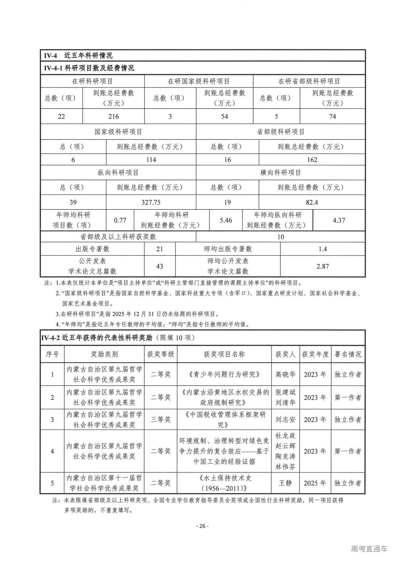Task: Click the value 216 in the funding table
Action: click(113, 116)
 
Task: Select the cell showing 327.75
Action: click(151, 202)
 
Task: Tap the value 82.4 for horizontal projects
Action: click(312, 202)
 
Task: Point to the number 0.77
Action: click(120, 220)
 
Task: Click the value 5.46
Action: click(226, 220)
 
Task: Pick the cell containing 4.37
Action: click(339, 220)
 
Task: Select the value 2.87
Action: click(323, 266)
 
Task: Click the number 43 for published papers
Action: click(160, 266)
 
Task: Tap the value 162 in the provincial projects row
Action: click(312, 160)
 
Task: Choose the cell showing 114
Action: click(151, 160)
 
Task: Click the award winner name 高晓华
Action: click(285, 374)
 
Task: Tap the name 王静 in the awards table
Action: click(285, 483)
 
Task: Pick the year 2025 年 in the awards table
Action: click(315, 483)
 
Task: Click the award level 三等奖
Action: click(160, 419)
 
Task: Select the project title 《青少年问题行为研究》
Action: click(224, 374)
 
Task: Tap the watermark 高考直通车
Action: click(369, 549)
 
